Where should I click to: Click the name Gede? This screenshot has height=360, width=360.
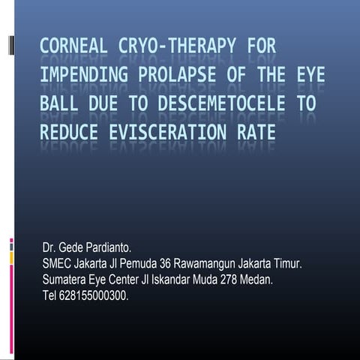coord(73,247)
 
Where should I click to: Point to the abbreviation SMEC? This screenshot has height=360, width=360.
coord(59,263)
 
